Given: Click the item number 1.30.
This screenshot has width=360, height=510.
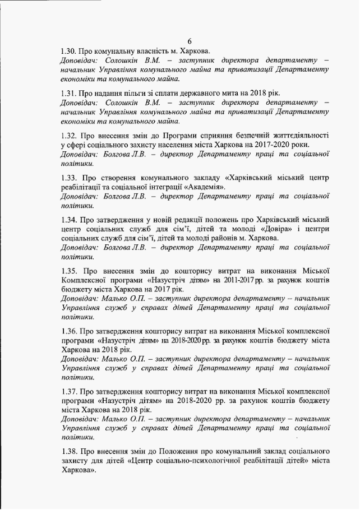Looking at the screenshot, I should [x=68, y=50].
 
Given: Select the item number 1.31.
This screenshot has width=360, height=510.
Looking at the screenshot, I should [x=68, y=93].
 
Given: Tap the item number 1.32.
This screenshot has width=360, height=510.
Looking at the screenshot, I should [x=68, y=136].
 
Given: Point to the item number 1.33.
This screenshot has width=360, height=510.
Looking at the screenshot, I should [x=68, y=178].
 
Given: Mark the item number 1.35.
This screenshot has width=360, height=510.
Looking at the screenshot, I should [x=68, y=270].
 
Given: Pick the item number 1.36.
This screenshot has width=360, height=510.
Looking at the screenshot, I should [x=68, y=331].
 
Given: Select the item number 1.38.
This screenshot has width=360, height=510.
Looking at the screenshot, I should [x=68, y=451].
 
